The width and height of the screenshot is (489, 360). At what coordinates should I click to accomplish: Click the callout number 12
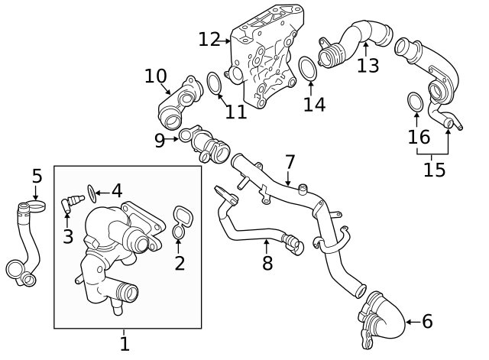[209, 39]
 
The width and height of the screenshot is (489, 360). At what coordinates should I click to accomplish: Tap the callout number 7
[290, 162]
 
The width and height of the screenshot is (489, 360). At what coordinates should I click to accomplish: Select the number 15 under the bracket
[434, 169]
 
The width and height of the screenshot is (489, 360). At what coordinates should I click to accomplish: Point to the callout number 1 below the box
[125, 344]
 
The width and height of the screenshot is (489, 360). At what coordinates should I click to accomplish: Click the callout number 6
[426, 322]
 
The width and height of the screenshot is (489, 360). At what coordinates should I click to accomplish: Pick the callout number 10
[155, 76]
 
